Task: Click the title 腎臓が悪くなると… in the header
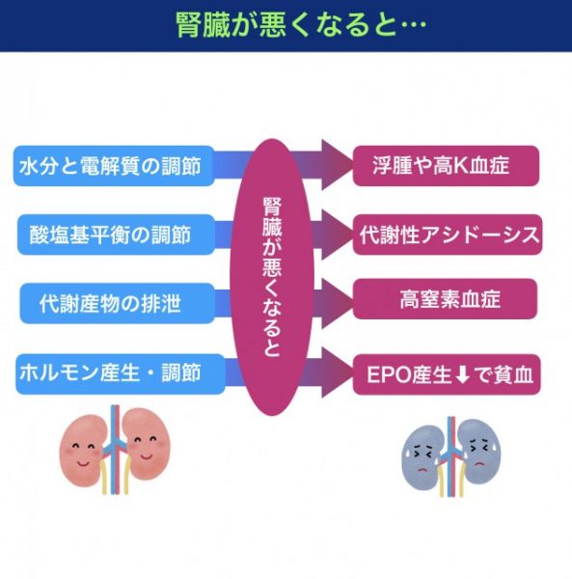tap(301, 25)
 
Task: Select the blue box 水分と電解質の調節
tap(114, 166)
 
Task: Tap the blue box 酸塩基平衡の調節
tap(116, 234)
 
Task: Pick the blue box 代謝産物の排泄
tap(117, 304)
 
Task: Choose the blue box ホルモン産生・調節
tap(120, 373)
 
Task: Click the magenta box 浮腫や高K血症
tap(446, 166)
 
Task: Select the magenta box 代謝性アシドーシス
tap(448, 234)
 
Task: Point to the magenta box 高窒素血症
tap(445, 299)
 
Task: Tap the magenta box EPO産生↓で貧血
tap(447, 374)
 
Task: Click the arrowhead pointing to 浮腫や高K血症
tap(337, 165)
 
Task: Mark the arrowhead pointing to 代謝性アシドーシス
tap(337, 234)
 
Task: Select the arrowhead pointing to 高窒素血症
tap(337, 304)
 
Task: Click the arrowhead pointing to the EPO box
tap(337, 372)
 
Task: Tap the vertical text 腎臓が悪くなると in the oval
tap(272, 277)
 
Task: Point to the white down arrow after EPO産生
tap(463, 374)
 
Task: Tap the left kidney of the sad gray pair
tap(422, 457)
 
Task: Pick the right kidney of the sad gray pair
tap(478, 452)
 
